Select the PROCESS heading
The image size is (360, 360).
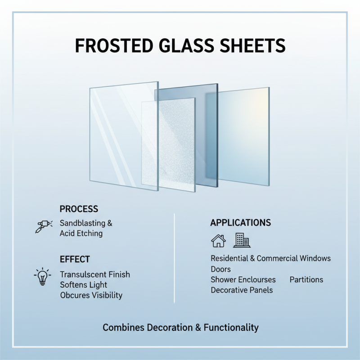[79, 209]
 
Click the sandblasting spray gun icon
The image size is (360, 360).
[43, 226]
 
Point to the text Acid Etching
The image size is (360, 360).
[81, 234]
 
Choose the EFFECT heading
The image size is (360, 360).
[75, 260]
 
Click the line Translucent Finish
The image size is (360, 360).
[94, 274]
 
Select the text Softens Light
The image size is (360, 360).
[83, 285]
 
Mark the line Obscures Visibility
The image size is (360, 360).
[91, 295]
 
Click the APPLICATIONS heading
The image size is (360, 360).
[240, 223]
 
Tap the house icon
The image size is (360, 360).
[218, 241]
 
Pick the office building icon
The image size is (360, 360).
[242, 241]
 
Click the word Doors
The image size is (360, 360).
[220, 269]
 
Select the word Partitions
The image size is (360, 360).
[306, 279]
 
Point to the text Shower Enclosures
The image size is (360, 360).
[243, 279]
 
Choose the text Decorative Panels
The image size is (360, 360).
[242, 290]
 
